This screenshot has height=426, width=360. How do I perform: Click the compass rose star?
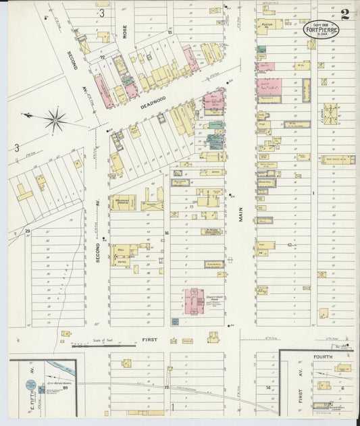(55, 121)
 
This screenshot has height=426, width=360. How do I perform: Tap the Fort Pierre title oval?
(322, 29)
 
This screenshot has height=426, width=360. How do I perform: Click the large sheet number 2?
(345, 14)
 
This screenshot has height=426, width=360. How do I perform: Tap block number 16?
(166, 233)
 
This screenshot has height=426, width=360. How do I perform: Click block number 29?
(28, 232)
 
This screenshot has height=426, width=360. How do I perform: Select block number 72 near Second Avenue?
(103, 58)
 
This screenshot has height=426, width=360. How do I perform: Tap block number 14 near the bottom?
(269, 388)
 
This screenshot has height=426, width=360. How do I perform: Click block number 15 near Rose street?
(170, 32)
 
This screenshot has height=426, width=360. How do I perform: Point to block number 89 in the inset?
(66, 388)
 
